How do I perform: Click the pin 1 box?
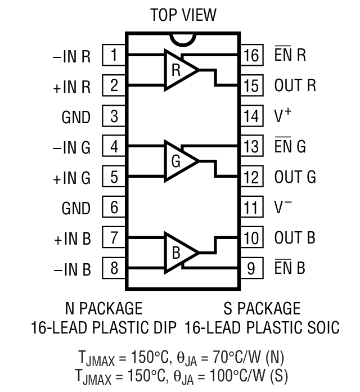pos(114,56)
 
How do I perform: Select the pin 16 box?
pos(252,56)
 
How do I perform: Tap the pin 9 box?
pos(252,268)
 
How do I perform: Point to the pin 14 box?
pos(252,116)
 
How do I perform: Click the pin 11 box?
pos(252,207)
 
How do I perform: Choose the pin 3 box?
pos(114,116)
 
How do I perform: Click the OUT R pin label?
pos(295,86)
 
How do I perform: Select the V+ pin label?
pos(282,116)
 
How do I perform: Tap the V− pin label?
pos(282,207)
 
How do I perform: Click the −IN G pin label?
pos(72,148)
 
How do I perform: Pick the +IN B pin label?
pos(72,238)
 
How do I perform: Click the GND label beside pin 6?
pos(76,208)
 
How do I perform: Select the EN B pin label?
pos(289,268)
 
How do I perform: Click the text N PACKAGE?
pos(103,308)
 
